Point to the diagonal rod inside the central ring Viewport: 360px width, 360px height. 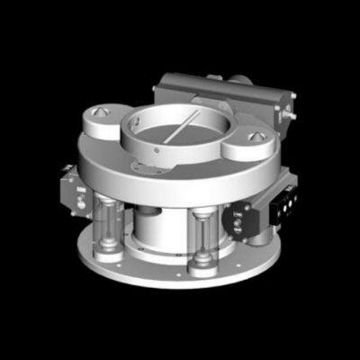click(x=179, y=127)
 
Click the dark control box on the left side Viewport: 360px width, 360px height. click(x=70, y=189)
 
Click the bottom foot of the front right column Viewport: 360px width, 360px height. click(x=202, y=269)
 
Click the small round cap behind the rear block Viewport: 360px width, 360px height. click(x=241, y=79)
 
